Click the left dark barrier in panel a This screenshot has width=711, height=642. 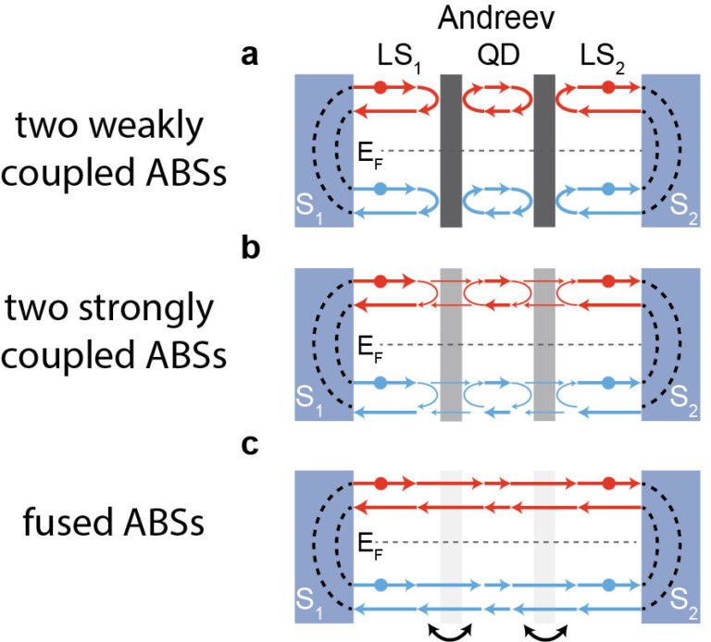pyautogui.click(x=451, y=150)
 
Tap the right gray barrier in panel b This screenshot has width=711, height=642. pyautogui.click(x=544, y=344)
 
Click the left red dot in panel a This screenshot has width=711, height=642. pyautogui.click(x=380, y=88)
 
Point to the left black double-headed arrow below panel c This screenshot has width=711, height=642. pyautogui.click(x=450, y=629)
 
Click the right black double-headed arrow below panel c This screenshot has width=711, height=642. pyautogui.click(x=545, y=629)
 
